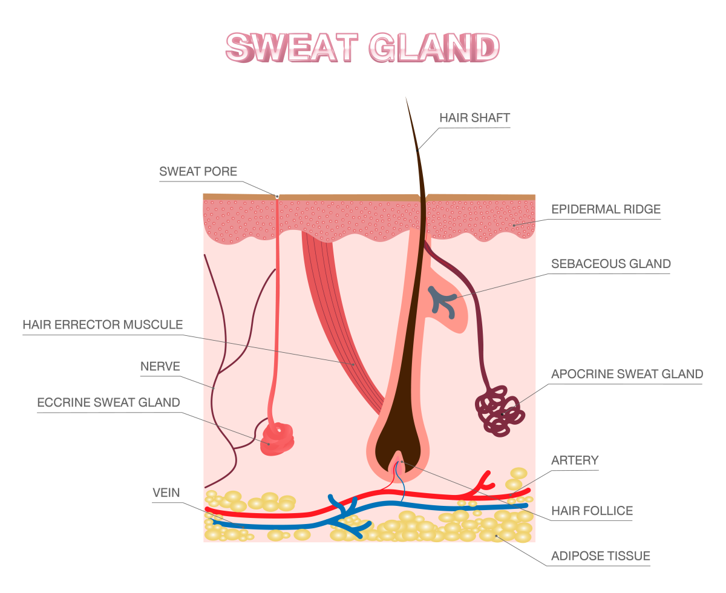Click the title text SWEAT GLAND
click(362, 47)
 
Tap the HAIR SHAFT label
click(475, 117)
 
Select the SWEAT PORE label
click(198, 171)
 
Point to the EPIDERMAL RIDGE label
click(606, 209)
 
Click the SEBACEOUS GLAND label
click(611, 264)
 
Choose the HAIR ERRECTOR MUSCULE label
click(102, 324)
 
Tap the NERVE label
click(160, 366)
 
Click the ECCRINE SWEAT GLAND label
click(108, 402)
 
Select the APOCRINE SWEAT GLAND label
click(627, 374)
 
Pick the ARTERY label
click(575, 460)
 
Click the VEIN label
click(166, 493)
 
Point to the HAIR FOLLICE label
click(592, 511)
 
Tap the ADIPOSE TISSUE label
click(600, 555)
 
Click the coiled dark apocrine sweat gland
click(500, 414)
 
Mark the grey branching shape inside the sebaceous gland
click(443, 300)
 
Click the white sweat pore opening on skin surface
click(277, 196)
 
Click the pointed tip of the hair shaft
click(407, 100)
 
